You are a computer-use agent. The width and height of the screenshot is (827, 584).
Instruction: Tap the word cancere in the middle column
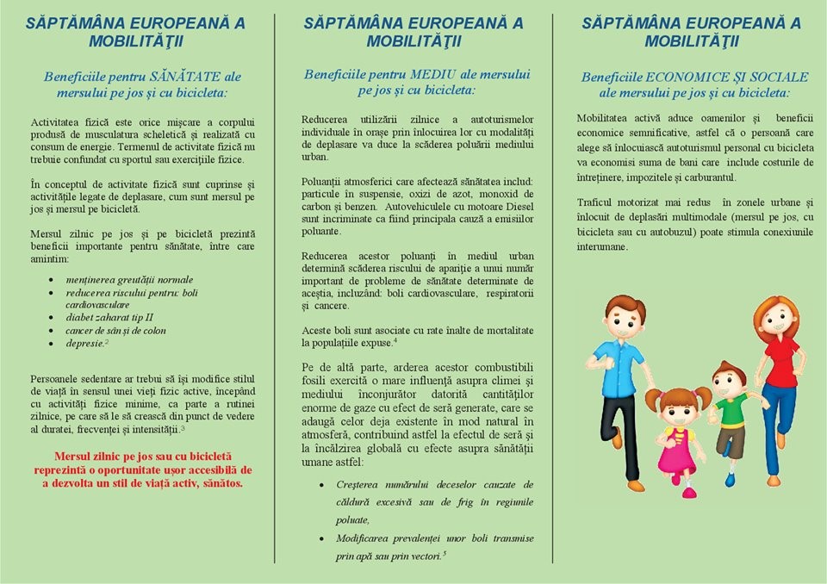[x=331, y=306]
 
